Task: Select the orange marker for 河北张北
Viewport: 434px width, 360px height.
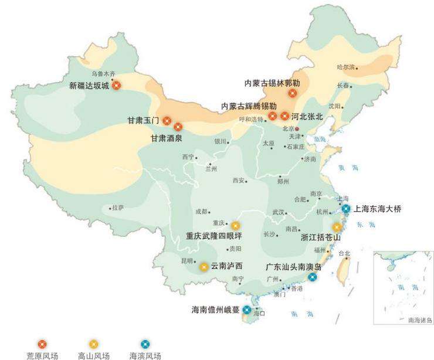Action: (285, 116)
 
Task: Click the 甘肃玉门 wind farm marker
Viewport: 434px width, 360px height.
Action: (167, 121)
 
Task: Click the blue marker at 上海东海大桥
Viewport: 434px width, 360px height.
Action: (346, 209)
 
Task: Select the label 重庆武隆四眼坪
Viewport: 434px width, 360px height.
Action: (214, 236)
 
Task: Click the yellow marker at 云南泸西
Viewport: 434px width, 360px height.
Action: (204, 267)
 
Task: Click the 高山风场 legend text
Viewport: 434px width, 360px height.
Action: (94, 355)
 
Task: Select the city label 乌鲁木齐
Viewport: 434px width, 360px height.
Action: (104, 74)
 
